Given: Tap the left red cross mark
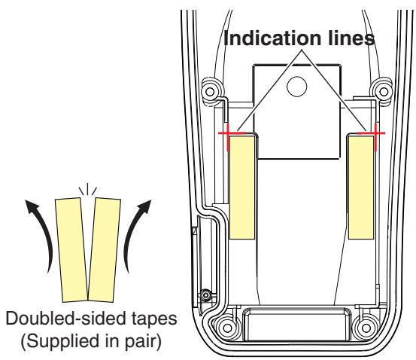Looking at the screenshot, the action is point(228,133).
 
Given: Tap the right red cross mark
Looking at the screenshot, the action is point(375,133).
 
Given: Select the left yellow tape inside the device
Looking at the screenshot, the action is point(242,188).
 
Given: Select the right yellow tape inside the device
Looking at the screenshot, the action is point(361,188).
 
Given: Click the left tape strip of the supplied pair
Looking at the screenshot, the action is point(71,250).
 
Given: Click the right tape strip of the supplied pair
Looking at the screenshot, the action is point(105,250).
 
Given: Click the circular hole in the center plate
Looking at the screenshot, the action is point(297,87).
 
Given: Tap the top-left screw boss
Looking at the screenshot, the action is point(210,92).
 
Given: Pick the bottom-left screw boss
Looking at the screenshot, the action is point(227,328).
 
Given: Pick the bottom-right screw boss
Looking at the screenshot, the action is point(366,328).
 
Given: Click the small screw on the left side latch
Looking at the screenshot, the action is point(205,295).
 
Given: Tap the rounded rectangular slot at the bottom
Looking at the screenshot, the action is point(296,324).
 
